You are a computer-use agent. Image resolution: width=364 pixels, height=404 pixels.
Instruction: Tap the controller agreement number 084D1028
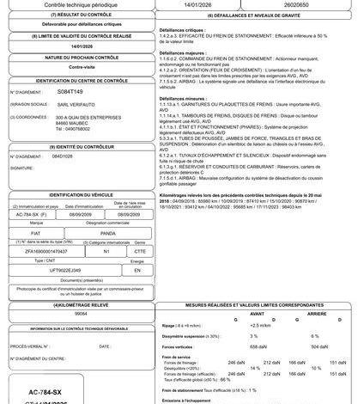click(x=63, y=156)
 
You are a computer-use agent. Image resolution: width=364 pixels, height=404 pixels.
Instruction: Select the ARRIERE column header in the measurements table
click(x=314, y=315)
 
